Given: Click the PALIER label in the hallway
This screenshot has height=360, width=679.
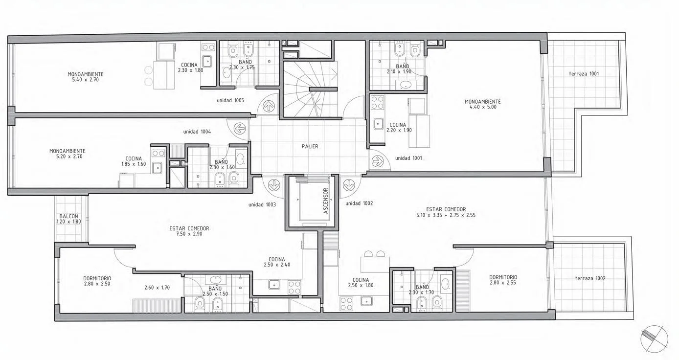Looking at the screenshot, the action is pyautogui.click(x=310, y=146).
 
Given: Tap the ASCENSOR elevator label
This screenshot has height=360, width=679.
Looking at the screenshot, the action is pyautogui.click(x=326, y=201).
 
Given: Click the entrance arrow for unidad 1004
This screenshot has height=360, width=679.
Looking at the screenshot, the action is pyautogui.click(x=240, y=128).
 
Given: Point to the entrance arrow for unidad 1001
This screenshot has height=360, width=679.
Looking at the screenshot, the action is pyautogui.click(x=377, y=161).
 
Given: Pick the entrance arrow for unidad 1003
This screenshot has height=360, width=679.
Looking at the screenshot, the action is pyautogui.click(x=274, y=184).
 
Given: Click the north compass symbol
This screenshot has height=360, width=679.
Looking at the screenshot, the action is pyautogui.click(x=654, y=339).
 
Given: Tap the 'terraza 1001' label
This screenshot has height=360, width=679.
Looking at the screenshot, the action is pyautogui.click(x=584, y=74).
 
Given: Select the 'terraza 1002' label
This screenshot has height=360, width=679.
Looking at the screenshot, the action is pyautogui.click(x=590, y=278).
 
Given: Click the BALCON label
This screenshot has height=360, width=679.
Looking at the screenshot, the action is pyautogui.click(x=69, y=216).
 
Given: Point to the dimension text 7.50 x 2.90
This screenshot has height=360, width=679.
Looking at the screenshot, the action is pyautogui.click(x=189, y=234).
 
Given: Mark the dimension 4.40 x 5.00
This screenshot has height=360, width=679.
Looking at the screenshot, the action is pyautogui.click(x=483, y=107).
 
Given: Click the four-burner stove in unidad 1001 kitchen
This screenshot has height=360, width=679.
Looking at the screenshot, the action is pyautogui.click(x=377, y=102).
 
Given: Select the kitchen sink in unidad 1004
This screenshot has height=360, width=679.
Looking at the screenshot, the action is pyautogui.click(x=157, y=168).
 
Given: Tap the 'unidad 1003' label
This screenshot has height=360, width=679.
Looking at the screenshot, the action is pyautogui.click(x=262, y=204).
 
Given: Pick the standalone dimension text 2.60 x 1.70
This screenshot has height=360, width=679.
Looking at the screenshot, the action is pyautogui.click(x=157, y=288).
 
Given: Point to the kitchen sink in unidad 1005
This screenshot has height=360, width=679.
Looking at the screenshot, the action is pyautogui.click(x=207, y=62).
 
